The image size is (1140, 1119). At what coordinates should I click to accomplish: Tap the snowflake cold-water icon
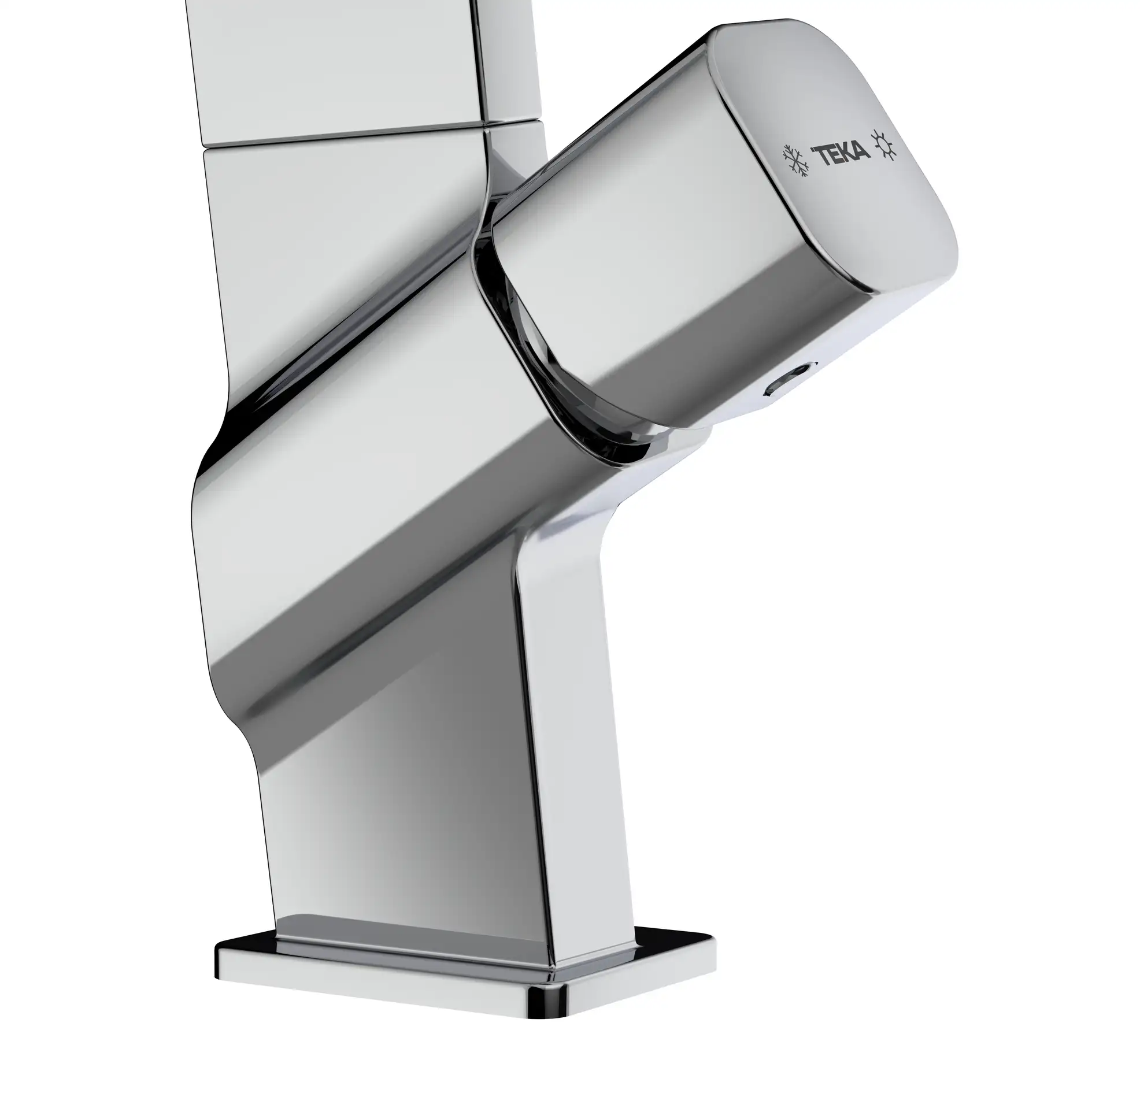point(794,159)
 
